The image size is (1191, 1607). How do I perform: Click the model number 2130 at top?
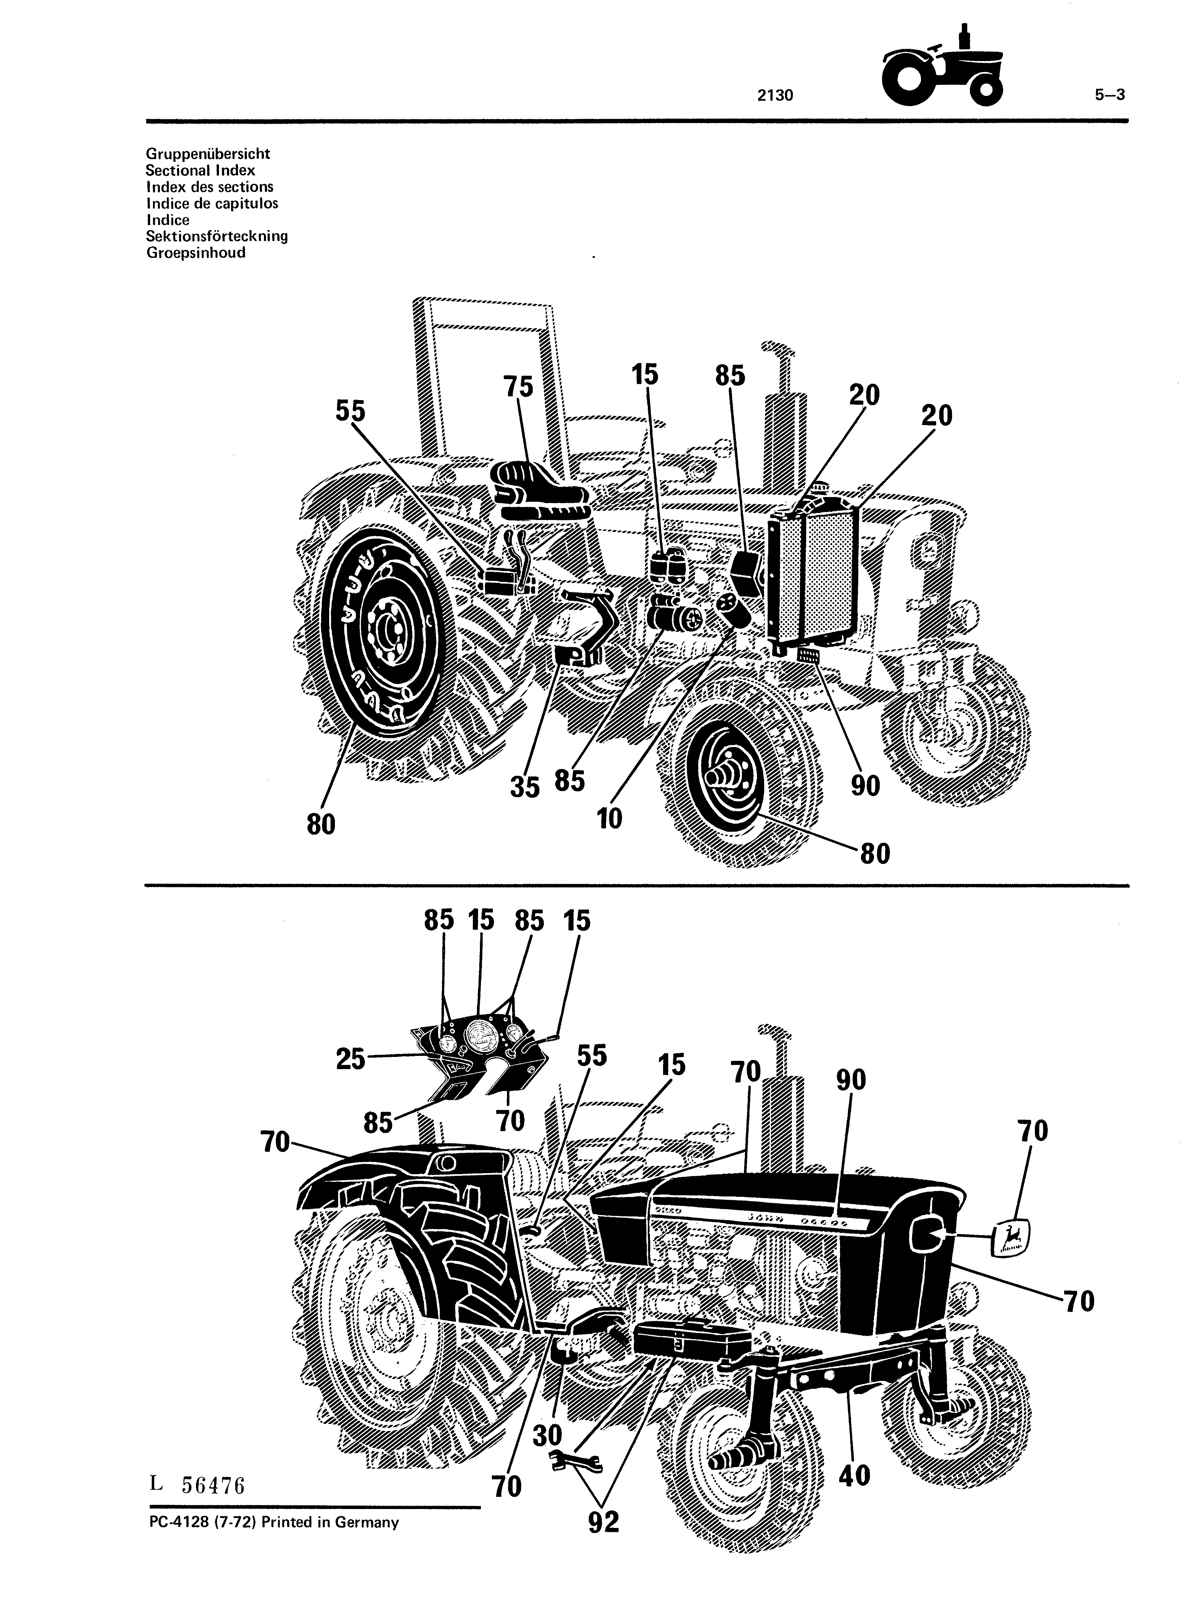point(775,94)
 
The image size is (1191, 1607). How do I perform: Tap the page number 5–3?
point(1110,94)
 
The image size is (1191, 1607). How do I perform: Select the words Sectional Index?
point(200,171)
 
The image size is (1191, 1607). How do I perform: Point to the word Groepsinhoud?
point(195,253)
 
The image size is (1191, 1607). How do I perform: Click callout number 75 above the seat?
point(518,387)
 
